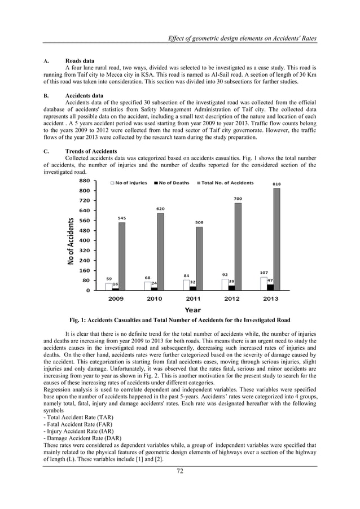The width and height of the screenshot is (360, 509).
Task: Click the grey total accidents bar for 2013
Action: coord(276,239)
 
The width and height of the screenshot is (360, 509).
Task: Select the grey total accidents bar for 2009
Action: coord(122,256)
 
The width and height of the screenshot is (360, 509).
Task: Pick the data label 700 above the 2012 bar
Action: coord(238,199)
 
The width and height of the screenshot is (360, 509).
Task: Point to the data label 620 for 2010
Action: coord(160,209)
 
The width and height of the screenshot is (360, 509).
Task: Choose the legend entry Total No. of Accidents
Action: coord(226,183)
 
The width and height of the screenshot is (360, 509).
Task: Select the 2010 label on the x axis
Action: coord(154,299)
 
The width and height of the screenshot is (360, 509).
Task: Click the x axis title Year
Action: coord(192,309)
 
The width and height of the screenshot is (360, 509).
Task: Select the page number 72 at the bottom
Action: coord(179,472)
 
